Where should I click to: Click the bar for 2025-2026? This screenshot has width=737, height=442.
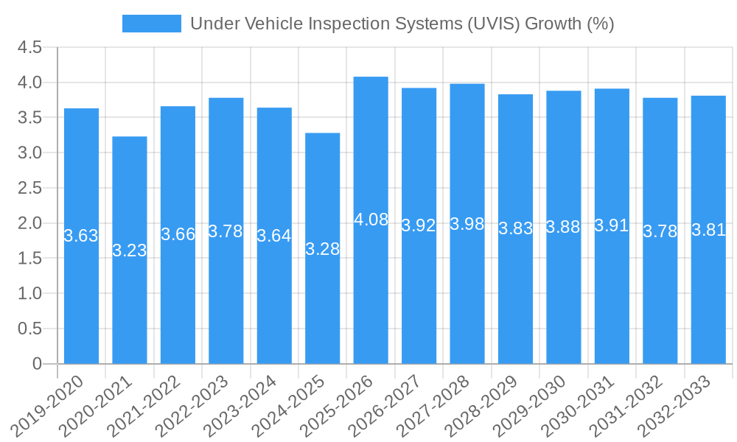pyautogui.click(x=371, y=220)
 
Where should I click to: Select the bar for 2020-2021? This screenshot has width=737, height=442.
pyautogui.click(x=130, y=250)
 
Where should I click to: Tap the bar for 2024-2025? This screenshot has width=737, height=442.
pyautogui.click(x=323, y=248)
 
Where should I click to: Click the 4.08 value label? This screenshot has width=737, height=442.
pyautogui.click(x=371, y=220)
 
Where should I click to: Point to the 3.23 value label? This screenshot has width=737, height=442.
pyautogui.click(x=130, y=250)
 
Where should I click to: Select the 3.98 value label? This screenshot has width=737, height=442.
pyautogui.click(x=467, y=224)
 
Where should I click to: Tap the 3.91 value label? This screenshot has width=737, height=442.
pyautogui.click(x=612, y=226)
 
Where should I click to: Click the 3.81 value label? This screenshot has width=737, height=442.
pyautogui.click(x=708, y=230)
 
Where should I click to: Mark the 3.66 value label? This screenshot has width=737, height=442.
pyautogui.click(x=178, y=235)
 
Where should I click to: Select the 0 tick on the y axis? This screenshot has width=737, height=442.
pyautogui.click(x=37, y=364)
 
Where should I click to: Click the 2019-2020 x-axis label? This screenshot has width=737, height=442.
pyautogui.click(x=49, y=404)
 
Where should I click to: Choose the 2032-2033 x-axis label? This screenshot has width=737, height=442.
pyautogui.click(x=676, y=404)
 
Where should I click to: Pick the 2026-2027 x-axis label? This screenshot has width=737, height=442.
pyautogui.click(x=386, y=404)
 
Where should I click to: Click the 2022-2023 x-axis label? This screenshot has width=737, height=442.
pyautogui.click(x=193, y=404)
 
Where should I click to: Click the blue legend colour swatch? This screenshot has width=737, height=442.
pyautogui.click(x=151, y=24)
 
